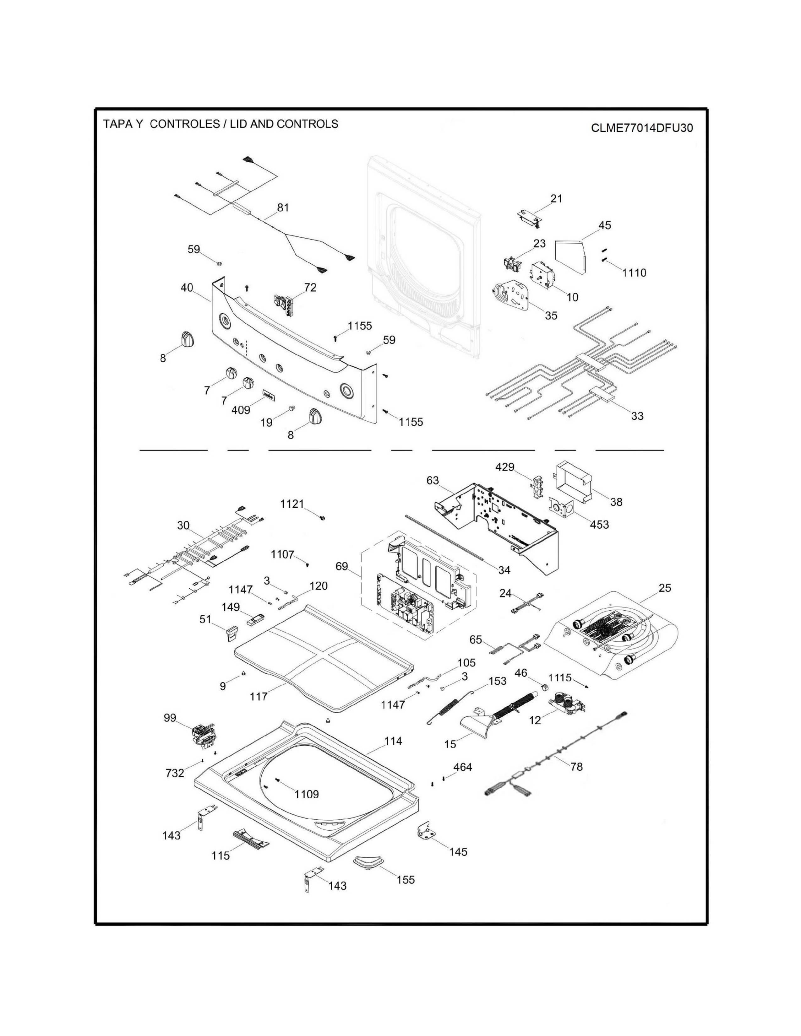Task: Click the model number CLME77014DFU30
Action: click(641, 128)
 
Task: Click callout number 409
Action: click(241, 410)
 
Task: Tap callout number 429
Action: click(504, 467)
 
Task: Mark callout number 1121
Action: click(292, 504)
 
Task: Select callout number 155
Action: click(406, 880)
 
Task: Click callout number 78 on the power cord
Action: click(576, 767)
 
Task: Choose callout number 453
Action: click(599, 524)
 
